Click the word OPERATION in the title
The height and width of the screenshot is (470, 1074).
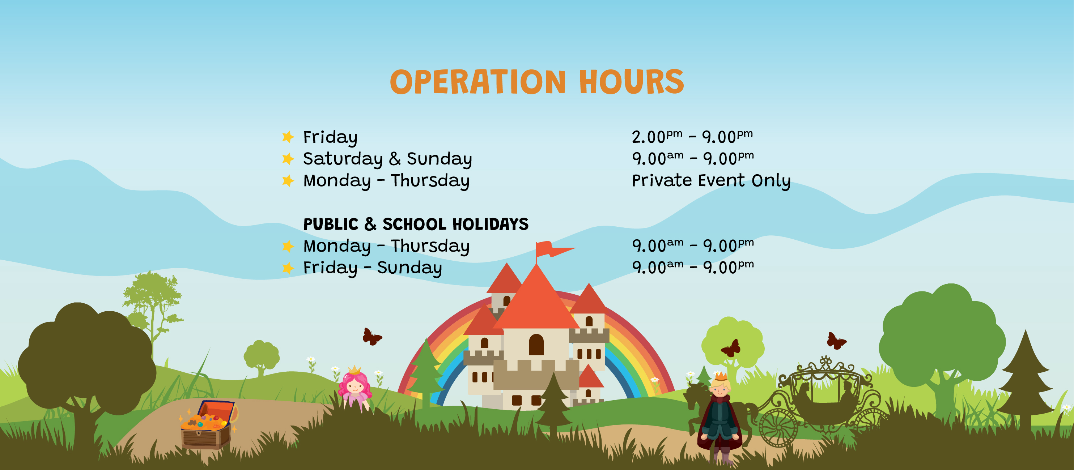click(x=478, y=82)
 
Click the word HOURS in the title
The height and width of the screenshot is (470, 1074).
click(x=631, y=82)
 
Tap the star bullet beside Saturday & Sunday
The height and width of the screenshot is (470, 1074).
click(x=288, y=159)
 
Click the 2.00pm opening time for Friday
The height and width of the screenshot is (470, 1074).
click(x=657, y=137)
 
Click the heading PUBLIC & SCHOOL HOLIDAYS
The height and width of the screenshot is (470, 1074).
click(x=416, y=224)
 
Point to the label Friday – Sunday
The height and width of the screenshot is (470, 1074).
click(x=372, y=268)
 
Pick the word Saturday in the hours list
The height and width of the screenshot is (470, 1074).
click(x=343, y=159)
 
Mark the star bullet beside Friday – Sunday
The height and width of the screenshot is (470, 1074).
click(x=288, y=268)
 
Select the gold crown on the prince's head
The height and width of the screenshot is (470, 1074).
click(x=721, y=377)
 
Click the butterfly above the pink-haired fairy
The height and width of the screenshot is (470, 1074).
click(x=372, y=337)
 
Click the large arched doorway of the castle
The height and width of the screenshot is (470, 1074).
click(x=536, y=345)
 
